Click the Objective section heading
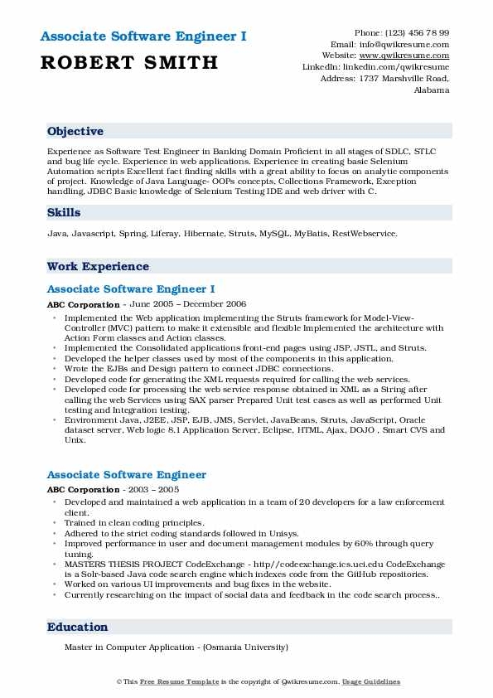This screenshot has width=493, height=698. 75,132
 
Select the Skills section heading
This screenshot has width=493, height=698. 64,213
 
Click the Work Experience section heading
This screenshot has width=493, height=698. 98,267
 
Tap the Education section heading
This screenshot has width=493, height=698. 77,628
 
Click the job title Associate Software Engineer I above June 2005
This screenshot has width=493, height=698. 131,289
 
